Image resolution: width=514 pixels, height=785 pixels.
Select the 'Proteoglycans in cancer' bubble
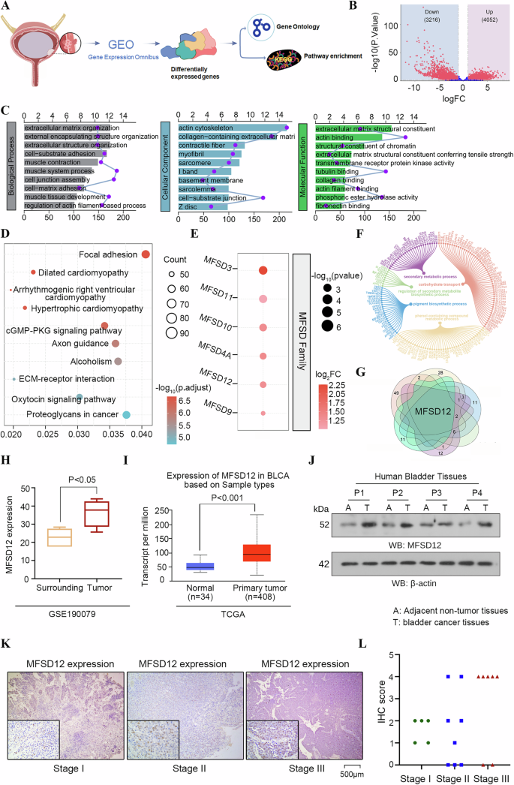(x=127, y=415)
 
